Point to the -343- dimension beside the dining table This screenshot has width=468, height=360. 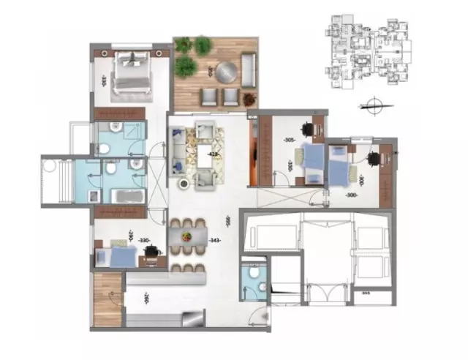coord(214,239)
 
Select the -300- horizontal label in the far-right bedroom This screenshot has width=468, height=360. coord(352,195)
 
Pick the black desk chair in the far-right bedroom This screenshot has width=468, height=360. coord(374,159)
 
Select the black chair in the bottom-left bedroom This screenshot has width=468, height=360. coord(152,251)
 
